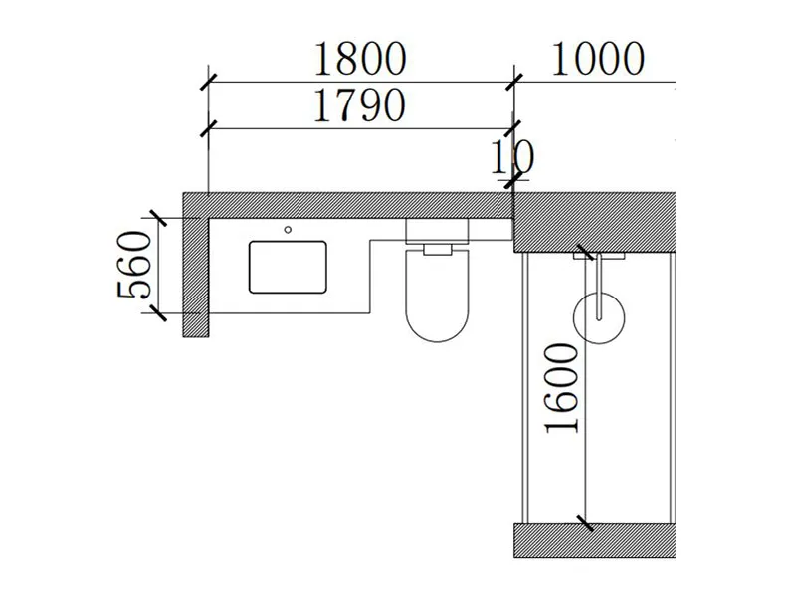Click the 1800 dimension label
click(359, 60)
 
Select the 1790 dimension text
click(359, 105)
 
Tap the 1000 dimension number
click(596, 60)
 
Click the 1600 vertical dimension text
click(563, 388)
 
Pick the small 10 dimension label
click(513, 157)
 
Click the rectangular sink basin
click(289, 265)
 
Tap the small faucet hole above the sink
click(289, 230)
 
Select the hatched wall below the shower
click(594, 539)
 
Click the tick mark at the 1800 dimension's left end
click(208, 83)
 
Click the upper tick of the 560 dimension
click(154, 218)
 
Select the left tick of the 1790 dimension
click(208, 128)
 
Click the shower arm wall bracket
click(599, 257)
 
